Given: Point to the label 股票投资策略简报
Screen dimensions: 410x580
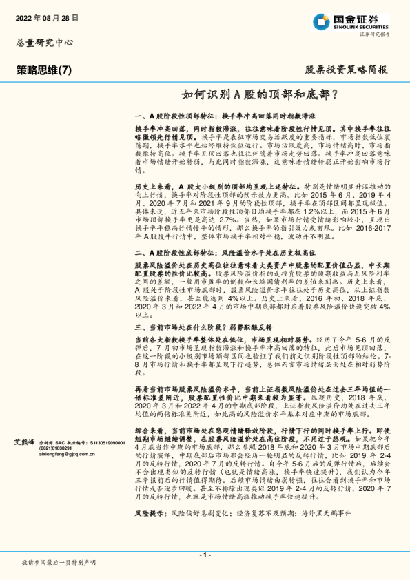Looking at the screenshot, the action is (346, 70).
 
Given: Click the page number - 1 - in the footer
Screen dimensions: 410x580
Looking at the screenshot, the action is (204, 556).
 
